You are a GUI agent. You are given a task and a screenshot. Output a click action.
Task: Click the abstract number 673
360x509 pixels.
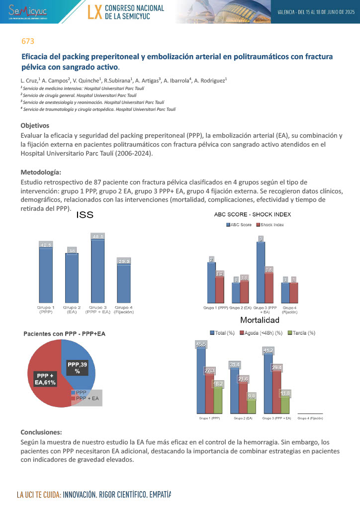27,41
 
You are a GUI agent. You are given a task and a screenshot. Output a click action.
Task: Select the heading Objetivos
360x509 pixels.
34,125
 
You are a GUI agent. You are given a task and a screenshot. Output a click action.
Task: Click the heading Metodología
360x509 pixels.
41,172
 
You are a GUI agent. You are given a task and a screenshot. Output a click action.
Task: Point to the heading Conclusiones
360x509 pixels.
42,432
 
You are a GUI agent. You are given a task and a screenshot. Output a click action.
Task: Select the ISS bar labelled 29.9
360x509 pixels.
124,283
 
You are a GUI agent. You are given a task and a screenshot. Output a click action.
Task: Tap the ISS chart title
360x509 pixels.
85,215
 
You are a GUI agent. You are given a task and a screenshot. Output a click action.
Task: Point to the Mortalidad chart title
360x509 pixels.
260,320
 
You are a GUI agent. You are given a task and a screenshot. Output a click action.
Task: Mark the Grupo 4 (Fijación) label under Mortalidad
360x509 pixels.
310,419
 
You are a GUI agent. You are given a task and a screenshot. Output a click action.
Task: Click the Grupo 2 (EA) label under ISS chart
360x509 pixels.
72,310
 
